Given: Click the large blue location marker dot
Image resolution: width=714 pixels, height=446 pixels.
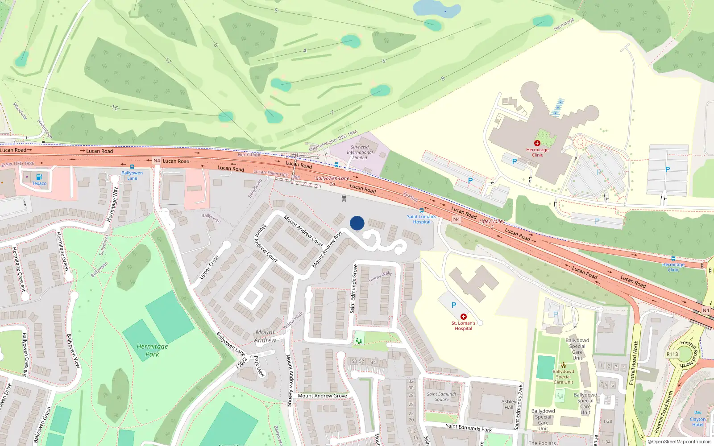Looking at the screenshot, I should (x=357, y=223).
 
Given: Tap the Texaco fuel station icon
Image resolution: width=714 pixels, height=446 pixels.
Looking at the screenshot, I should (x=39, y=177).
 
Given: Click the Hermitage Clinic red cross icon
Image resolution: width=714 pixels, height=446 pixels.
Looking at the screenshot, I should (x=537, y=143).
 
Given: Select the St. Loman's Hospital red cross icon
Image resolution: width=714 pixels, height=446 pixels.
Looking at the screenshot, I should (x=464, y=317).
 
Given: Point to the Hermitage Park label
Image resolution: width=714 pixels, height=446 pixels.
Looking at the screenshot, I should (x=152, y=350).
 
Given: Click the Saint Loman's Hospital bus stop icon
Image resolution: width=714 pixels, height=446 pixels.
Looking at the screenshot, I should (x=421, y=211).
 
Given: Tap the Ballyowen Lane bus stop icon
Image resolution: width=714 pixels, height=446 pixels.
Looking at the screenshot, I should (x=132, y=167).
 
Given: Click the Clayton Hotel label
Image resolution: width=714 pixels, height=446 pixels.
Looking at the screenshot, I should (x=697, y=421).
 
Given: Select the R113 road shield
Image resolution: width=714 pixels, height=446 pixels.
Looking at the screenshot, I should (x=672, y=354).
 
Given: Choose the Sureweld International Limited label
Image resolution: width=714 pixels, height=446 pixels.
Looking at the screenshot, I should (x=360, y=152).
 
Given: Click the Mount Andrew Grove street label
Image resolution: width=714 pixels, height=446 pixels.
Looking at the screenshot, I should (x=322, y=396).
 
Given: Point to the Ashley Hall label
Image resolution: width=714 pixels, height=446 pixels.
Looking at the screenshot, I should (x=509, y=405).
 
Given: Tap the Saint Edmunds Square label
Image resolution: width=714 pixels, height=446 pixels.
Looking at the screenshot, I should (x=441, y=396).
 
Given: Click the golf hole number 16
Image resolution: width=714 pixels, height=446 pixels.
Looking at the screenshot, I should (x=115, y=107).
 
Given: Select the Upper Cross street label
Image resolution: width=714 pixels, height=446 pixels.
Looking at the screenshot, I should (x=209, y=267).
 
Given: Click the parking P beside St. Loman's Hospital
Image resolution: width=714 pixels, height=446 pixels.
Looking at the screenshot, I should (x=453, y=305).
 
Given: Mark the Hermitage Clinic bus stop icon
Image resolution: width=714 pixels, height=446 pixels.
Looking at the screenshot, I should (x=673, y=259).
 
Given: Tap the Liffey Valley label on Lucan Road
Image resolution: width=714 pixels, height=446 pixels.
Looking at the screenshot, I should (x=492, y=221).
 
